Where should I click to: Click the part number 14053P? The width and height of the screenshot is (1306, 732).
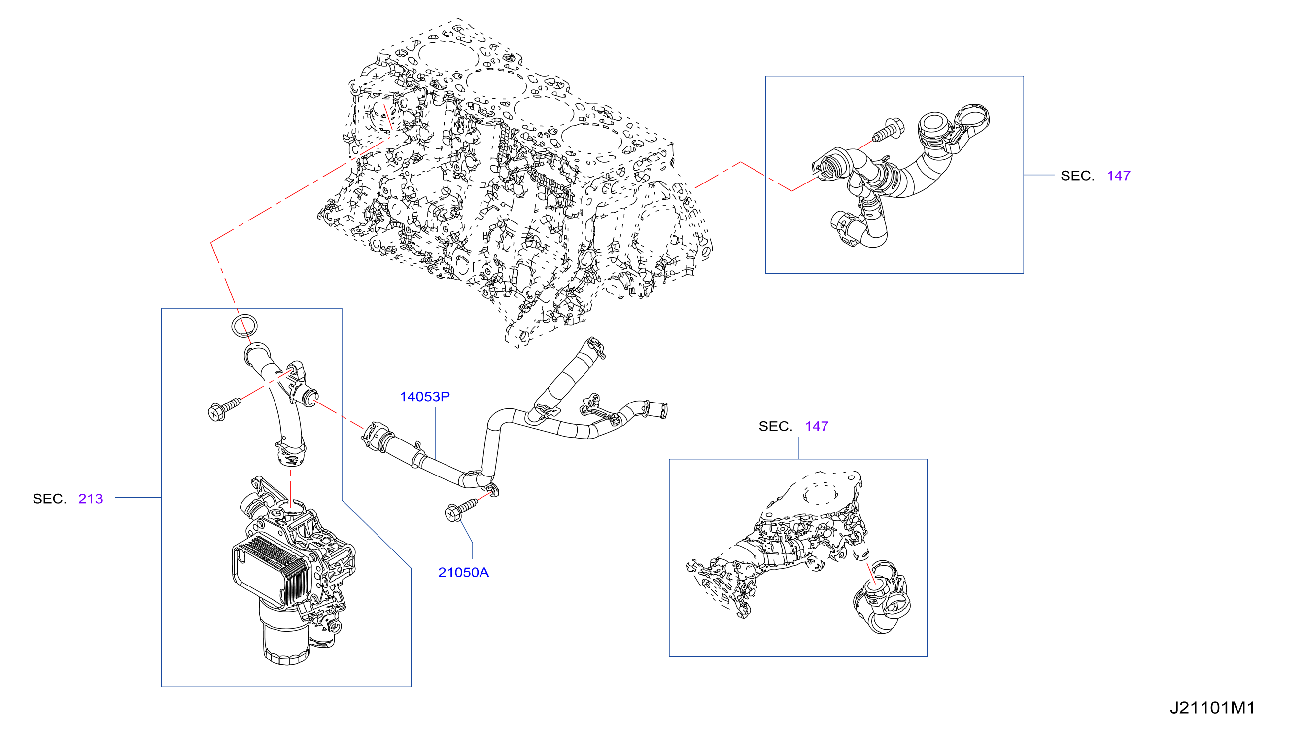[x=424, y=397]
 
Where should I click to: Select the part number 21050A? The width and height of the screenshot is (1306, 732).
[x=463, y=573]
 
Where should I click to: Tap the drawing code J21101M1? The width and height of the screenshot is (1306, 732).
[x=1212, y=708]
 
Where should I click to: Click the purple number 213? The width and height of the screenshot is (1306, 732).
[x=90, y=499]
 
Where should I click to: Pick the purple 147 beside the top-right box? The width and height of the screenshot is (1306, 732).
[x=1118, y=176]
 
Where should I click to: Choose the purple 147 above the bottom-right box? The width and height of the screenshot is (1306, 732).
[x=816, y=427]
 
